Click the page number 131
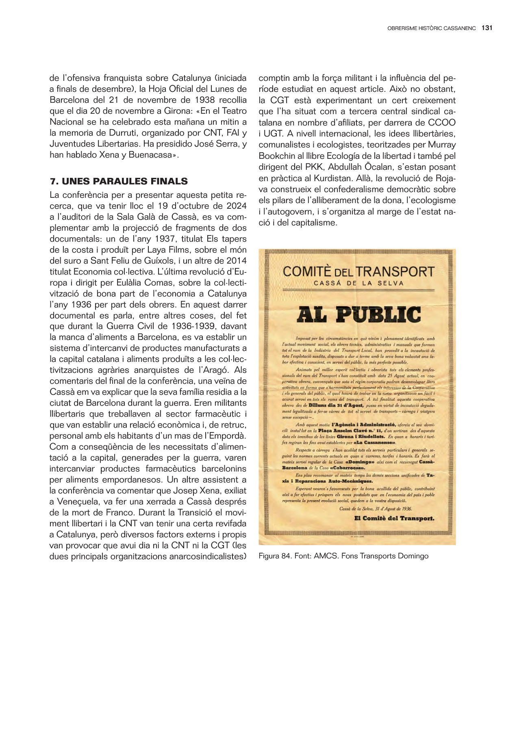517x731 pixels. [487, 28]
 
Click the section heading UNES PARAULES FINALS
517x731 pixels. [124, 181]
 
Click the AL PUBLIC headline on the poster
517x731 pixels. [358, 314]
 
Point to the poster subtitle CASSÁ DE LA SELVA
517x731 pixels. [358, 283]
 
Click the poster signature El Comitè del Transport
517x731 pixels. [394, 518]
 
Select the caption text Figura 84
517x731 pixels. [275, 556]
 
